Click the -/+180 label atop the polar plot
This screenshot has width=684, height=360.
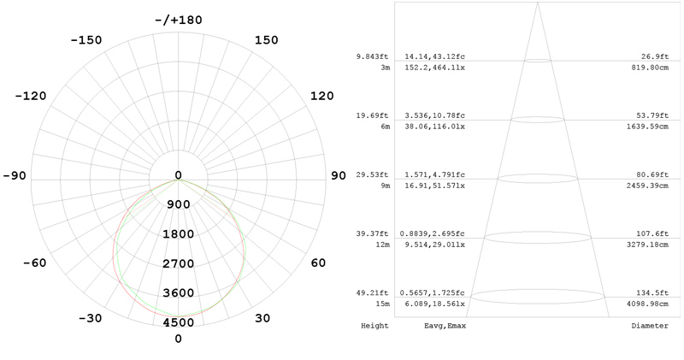point(178,20)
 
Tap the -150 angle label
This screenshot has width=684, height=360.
point(85,40)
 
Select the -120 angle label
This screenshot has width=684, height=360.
point(31,96)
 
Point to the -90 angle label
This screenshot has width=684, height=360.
point(15,176)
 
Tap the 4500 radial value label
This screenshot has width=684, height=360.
point(178,322)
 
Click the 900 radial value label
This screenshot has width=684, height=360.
point(178,204)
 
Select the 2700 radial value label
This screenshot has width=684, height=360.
point(178,263)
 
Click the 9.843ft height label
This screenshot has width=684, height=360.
point(374,57)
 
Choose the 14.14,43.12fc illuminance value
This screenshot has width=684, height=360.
point(435,57)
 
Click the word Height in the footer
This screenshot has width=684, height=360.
point(374,326)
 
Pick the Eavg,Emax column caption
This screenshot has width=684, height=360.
point(445,326)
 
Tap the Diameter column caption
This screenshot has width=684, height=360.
point(650,326)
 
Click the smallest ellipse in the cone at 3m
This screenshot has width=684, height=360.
point(538,61)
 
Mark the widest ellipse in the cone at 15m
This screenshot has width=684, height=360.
point(538,296)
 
